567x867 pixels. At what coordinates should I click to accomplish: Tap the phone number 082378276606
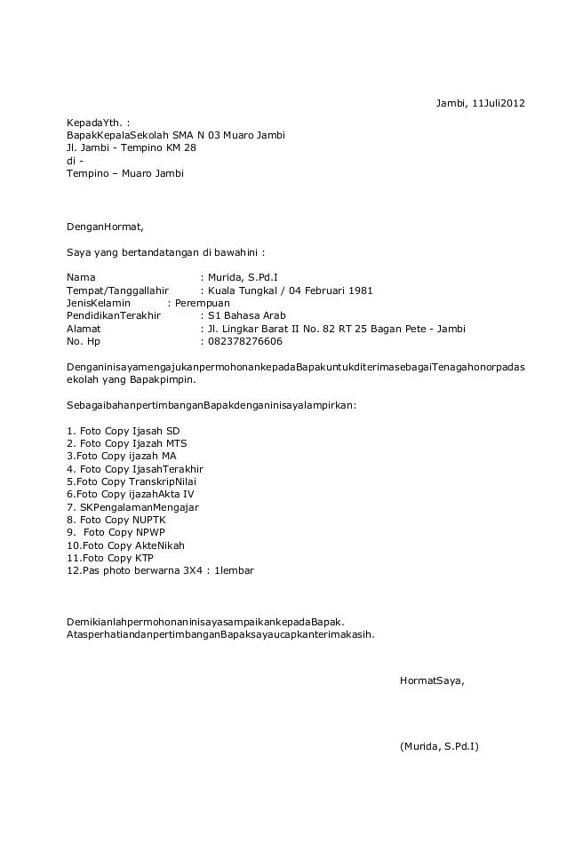244,341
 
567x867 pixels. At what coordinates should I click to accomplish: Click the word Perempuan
202,303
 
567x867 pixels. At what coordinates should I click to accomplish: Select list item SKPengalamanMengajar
133,507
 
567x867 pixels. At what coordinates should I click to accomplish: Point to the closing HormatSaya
431,680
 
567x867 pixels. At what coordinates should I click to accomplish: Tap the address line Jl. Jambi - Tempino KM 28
131,147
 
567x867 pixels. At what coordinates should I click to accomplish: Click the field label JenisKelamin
99,303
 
